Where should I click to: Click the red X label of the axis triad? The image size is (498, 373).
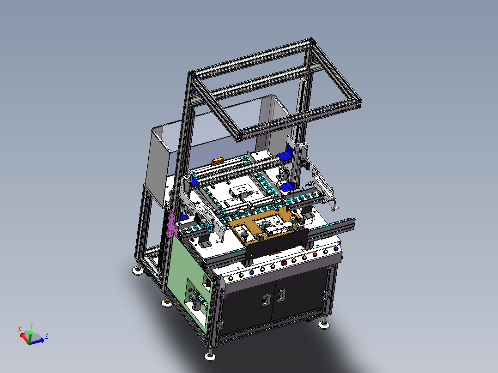pos(20,329)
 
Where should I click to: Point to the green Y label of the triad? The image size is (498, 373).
pos(31,326)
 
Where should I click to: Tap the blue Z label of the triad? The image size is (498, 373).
pos(46,336)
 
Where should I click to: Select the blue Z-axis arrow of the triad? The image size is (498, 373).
pos(37,341)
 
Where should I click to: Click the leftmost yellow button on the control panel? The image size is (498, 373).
pos(231,278)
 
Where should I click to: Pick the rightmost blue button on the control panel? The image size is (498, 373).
pos(336,249)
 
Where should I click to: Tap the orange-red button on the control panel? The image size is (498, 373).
pos(315,255)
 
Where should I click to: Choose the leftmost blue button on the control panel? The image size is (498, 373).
pos(252,272)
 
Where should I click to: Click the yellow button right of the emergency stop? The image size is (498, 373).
pos(294,261)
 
